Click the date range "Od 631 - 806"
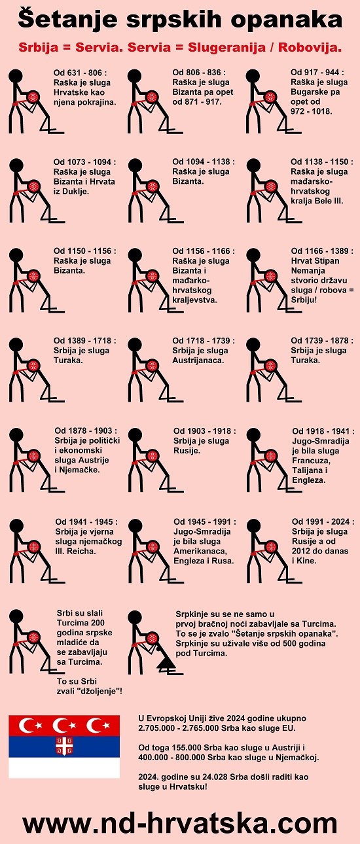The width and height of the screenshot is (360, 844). [78, 73]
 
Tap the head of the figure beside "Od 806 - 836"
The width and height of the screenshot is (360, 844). [135, 76]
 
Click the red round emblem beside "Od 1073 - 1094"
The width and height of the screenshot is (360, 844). [34, 186]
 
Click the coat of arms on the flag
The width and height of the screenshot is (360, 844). [64, 746]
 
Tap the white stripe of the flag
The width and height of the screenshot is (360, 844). [64, 768]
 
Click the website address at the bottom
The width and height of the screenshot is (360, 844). [180, 824]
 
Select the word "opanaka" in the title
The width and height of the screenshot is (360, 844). [287, 20]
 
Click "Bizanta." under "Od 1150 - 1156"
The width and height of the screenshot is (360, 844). [69, 270]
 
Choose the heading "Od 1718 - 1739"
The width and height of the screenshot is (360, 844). [204, 341]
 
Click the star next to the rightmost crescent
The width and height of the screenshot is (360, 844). [106, 725]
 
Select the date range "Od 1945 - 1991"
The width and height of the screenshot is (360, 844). [205, 522]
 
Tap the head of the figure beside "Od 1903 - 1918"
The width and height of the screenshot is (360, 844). [135, 434]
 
